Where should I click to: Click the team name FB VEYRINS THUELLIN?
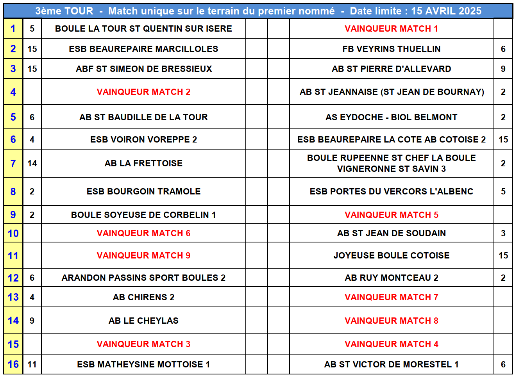[x=391, y=49]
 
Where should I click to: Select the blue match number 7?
[x=13, y=163]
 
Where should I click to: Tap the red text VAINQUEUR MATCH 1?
[x=391, y=29]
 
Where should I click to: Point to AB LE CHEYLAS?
[x=143, y=321]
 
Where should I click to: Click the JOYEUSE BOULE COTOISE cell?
[x=391, y=255]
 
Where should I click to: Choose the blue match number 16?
[x=13, y=364]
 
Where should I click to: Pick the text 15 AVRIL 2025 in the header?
[x=446, y=11]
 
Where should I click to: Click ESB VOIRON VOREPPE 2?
[x=143, y=139]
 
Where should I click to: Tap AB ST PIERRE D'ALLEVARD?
[x=391, y=69]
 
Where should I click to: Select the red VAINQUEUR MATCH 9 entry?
[x=143, y=255]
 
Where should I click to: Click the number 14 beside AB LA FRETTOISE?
[x=32, y=163]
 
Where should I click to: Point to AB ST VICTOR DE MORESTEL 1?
[x=391, y=364]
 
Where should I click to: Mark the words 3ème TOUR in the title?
[x=64, y=11]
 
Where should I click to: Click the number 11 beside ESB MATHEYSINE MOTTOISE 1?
[x=32, y=364]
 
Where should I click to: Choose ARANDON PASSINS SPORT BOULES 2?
[x=143, y=278]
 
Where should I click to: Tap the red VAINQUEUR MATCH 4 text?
[x=391, y=344]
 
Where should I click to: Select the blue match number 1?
[x=13, y=29]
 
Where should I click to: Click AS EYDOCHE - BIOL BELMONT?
[x=391, y=117]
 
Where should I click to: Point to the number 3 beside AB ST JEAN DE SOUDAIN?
[x=503, y=233]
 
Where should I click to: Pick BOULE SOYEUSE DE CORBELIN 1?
[x=143, y=215]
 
